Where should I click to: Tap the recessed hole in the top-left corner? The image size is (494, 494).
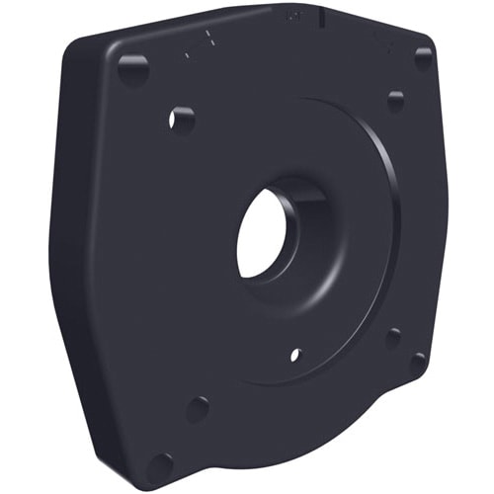click(x=132, y=69)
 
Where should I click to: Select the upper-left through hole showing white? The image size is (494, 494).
click(x=181, y=120)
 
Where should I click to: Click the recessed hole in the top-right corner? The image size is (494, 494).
click(x=423, y=58)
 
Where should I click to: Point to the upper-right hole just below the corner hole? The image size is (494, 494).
click(x=395, y=101)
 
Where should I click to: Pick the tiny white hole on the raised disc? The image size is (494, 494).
click(x=294, y=354)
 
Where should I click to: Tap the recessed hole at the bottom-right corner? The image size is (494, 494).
click(x=417, y=362)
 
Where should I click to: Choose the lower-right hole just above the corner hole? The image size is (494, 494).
click(x=392, y=338)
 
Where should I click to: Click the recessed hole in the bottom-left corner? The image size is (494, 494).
click(x=159, y=463)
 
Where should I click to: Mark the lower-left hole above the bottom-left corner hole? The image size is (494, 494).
click(x=198, y=408)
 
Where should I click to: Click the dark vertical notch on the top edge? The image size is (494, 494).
click(x=322, y=14)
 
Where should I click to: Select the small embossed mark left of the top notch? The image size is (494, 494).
click(x=291, y=17)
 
